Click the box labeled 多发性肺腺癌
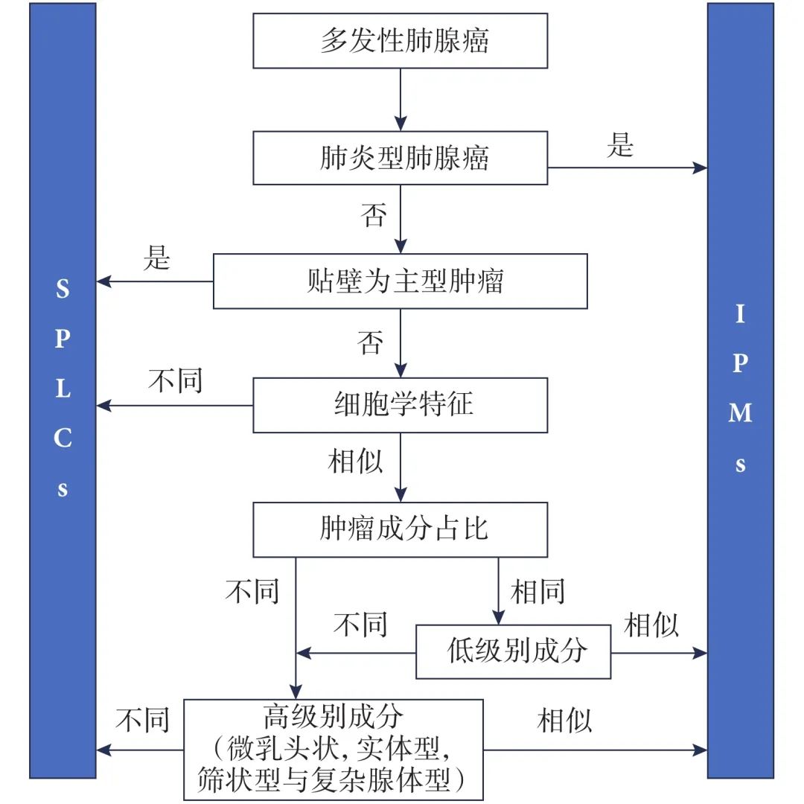(401, 41)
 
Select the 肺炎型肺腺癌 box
(401, 158)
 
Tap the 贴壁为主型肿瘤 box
(401, 281)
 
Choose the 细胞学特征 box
(401, 405)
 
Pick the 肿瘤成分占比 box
(401, 529)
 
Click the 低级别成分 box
(513, 651)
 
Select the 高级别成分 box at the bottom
(333, 750)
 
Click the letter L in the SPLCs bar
(63, 389)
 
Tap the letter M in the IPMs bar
(740, 413)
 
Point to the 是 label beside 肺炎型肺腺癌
(619, 145)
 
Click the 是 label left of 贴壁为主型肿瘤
(157, 258)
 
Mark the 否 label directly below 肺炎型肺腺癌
(374, 215)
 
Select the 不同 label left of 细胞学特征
(176, 381)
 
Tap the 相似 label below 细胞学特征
(356, 462)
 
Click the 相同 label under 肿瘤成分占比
(537, 592)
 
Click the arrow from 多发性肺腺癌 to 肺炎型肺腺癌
(401, 100)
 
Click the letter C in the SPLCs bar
(63, 438)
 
